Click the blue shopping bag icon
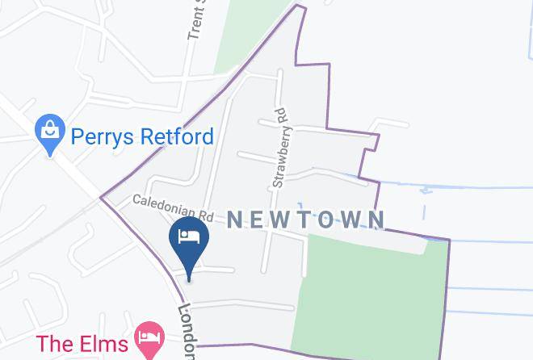pyautogui.click(x=50, y=133)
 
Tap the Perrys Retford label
pyautogui.click(x=141, y=136)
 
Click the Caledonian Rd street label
pyautogui.click(x=172, y=208)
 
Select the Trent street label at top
pyautogui.click(x=196, y=20)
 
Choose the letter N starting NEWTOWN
pyautogui.click(x=234, y=219)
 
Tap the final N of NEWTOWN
pyautogui.click(x=376, y=219)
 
